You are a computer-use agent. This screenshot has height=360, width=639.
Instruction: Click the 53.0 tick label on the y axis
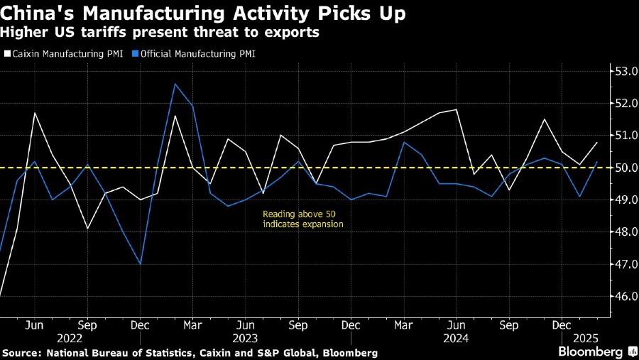(x=623, y=71)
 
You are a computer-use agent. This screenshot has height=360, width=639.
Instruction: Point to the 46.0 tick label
(x=623, y=296)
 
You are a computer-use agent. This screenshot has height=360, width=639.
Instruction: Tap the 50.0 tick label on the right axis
(x=623, y=168)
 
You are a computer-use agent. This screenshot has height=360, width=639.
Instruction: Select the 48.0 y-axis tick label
(x=623, y=232)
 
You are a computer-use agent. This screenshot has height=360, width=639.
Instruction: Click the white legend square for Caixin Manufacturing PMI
(x=7, y=53)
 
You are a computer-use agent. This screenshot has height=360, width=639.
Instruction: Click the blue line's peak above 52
(x=175, y=84)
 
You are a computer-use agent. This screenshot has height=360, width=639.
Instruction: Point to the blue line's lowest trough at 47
(x=140, y=264)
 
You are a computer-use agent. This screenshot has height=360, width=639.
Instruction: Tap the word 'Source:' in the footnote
(x=22, y=353)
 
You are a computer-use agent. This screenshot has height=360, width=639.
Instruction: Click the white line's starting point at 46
(x=1, y=295)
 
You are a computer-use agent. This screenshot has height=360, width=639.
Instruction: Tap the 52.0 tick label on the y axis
(x=623, y=103)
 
